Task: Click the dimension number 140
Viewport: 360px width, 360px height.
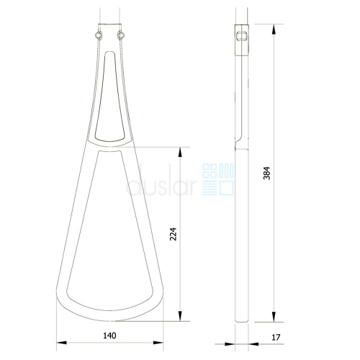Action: click(x=109, y=336)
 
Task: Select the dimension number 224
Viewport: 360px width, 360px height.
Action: click(x=173, y=234)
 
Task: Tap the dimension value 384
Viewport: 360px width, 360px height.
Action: click(x=266, y=173)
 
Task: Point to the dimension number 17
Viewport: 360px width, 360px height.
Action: click(x=276, y=338)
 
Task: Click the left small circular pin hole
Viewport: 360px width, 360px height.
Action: click(x=99, y=35)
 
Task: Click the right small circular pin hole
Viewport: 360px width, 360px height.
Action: click(x=121, y=35)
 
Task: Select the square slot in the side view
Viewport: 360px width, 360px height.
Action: click(x=241, y=36)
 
